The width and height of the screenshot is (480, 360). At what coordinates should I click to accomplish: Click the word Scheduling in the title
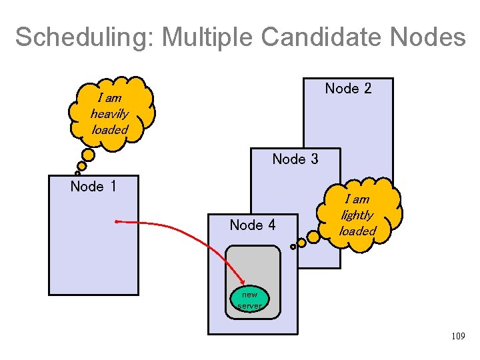(83, 37)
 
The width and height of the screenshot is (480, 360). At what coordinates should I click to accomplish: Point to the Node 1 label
(93, 186)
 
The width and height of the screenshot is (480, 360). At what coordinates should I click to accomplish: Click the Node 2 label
(348, 89)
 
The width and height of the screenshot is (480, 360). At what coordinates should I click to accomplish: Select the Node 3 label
(295, 159)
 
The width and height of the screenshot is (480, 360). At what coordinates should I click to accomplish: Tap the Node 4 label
(252, 225)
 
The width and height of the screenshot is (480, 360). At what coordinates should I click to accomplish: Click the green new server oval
(250, 299)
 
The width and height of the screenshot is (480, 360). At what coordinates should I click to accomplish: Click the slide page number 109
(457, 337)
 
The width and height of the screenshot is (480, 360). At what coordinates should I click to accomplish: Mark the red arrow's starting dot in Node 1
(116, 221)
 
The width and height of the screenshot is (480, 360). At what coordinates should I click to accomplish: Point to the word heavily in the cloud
(109, 113)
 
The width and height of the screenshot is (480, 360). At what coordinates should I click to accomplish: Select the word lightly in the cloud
(357, 215)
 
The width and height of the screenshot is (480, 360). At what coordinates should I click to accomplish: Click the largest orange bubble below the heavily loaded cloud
(88, 155)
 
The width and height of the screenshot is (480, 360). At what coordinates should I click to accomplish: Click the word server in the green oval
(250, 305)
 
